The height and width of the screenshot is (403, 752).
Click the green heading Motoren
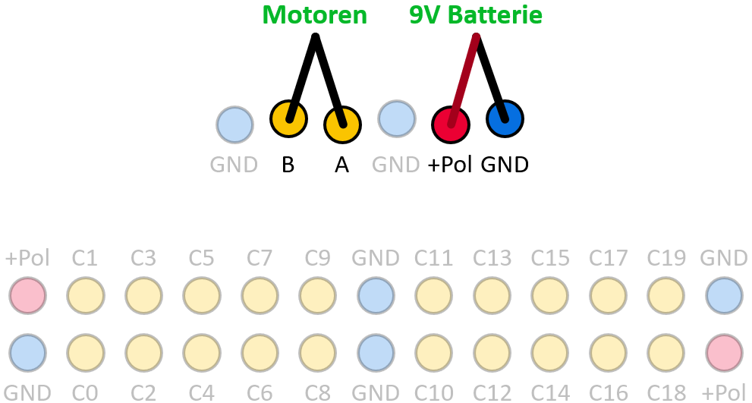[x=315, y=14]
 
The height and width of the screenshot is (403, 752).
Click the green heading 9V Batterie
[x=476, y=14]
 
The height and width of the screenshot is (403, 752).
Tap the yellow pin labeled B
[x=288, y=118]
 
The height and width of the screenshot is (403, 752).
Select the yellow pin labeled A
[x=342, y=124]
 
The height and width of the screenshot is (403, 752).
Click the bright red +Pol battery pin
[x=451, y=124]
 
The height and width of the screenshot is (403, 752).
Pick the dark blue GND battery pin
[x=505, y=118]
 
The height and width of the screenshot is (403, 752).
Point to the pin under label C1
[x=86, y=295]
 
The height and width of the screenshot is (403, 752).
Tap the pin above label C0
[x=86, y=353]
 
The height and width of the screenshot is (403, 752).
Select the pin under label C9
[x=317, y=295]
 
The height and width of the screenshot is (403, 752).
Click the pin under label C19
[x=666, y=295]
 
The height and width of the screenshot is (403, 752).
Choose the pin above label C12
[x=492, y=353]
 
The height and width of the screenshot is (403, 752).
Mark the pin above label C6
[x=260, y=353]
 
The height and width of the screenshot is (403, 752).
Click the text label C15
[x=550, y=258]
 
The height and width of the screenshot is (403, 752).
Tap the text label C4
[x=201, y=392]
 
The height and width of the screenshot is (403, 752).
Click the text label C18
[x=666, y=392]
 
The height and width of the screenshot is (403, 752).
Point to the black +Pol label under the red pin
[x=450, y=165]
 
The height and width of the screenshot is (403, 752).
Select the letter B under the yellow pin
[x=288, y=165]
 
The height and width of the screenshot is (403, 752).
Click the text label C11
[x=433, y=258]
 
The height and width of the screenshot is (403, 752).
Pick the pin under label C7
[x=260, y=295]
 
